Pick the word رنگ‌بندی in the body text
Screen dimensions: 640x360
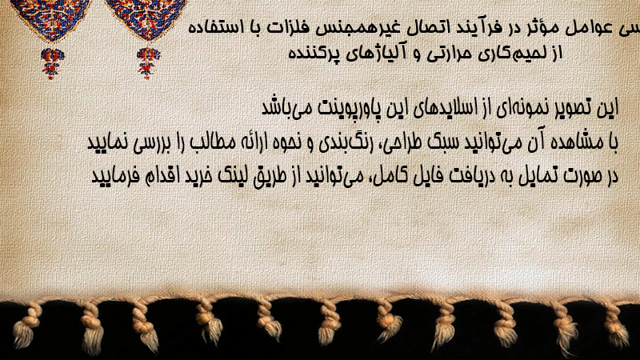(x=344, y=143)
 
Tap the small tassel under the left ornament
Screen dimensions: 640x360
(x=52, y=63)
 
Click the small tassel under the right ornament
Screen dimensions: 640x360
(x=148, y=62)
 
